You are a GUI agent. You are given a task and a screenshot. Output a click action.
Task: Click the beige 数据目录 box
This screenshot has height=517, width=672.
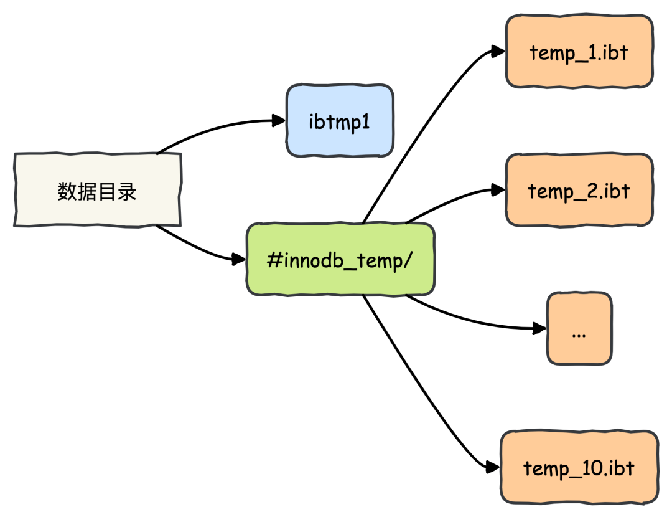97,189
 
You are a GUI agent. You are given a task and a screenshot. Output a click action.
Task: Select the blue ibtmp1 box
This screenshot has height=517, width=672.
340,121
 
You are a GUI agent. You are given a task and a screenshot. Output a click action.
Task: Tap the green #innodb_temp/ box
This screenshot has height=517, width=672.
340,259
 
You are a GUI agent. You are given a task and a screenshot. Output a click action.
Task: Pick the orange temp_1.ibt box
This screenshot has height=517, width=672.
579,51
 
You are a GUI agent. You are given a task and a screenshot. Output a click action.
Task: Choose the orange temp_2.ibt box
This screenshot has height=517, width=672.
579,189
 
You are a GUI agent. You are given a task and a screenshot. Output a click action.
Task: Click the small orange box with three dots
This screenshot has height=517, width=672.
579,328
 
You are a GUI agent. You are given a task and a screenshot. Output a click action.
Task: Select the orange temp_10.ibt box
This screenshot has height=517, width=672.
579,467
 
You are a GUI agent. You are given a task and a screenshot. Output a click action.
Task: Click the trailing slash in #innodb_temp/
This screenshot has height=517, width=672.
408,260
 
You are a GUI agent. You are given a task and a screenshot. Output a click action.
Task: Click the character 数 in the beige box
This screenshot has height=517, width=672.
67,191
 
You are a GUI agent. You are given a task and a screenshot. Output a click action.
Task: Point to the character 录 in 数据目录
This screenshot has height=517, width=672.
127,191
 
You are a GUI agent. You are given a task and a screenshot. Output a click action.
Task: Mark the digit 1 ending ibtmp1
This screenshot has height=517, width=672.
365,121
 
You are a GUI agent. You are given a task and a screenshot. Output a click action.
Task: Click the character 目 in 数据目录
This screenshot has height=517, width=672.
107,191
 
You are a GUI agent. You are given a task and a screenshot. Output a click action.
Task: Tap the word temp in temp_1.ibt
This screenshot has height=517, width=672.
550,52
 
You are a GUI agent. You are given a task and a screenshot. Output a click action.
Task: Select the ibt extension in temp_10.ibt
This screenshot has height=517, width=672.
620,467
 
